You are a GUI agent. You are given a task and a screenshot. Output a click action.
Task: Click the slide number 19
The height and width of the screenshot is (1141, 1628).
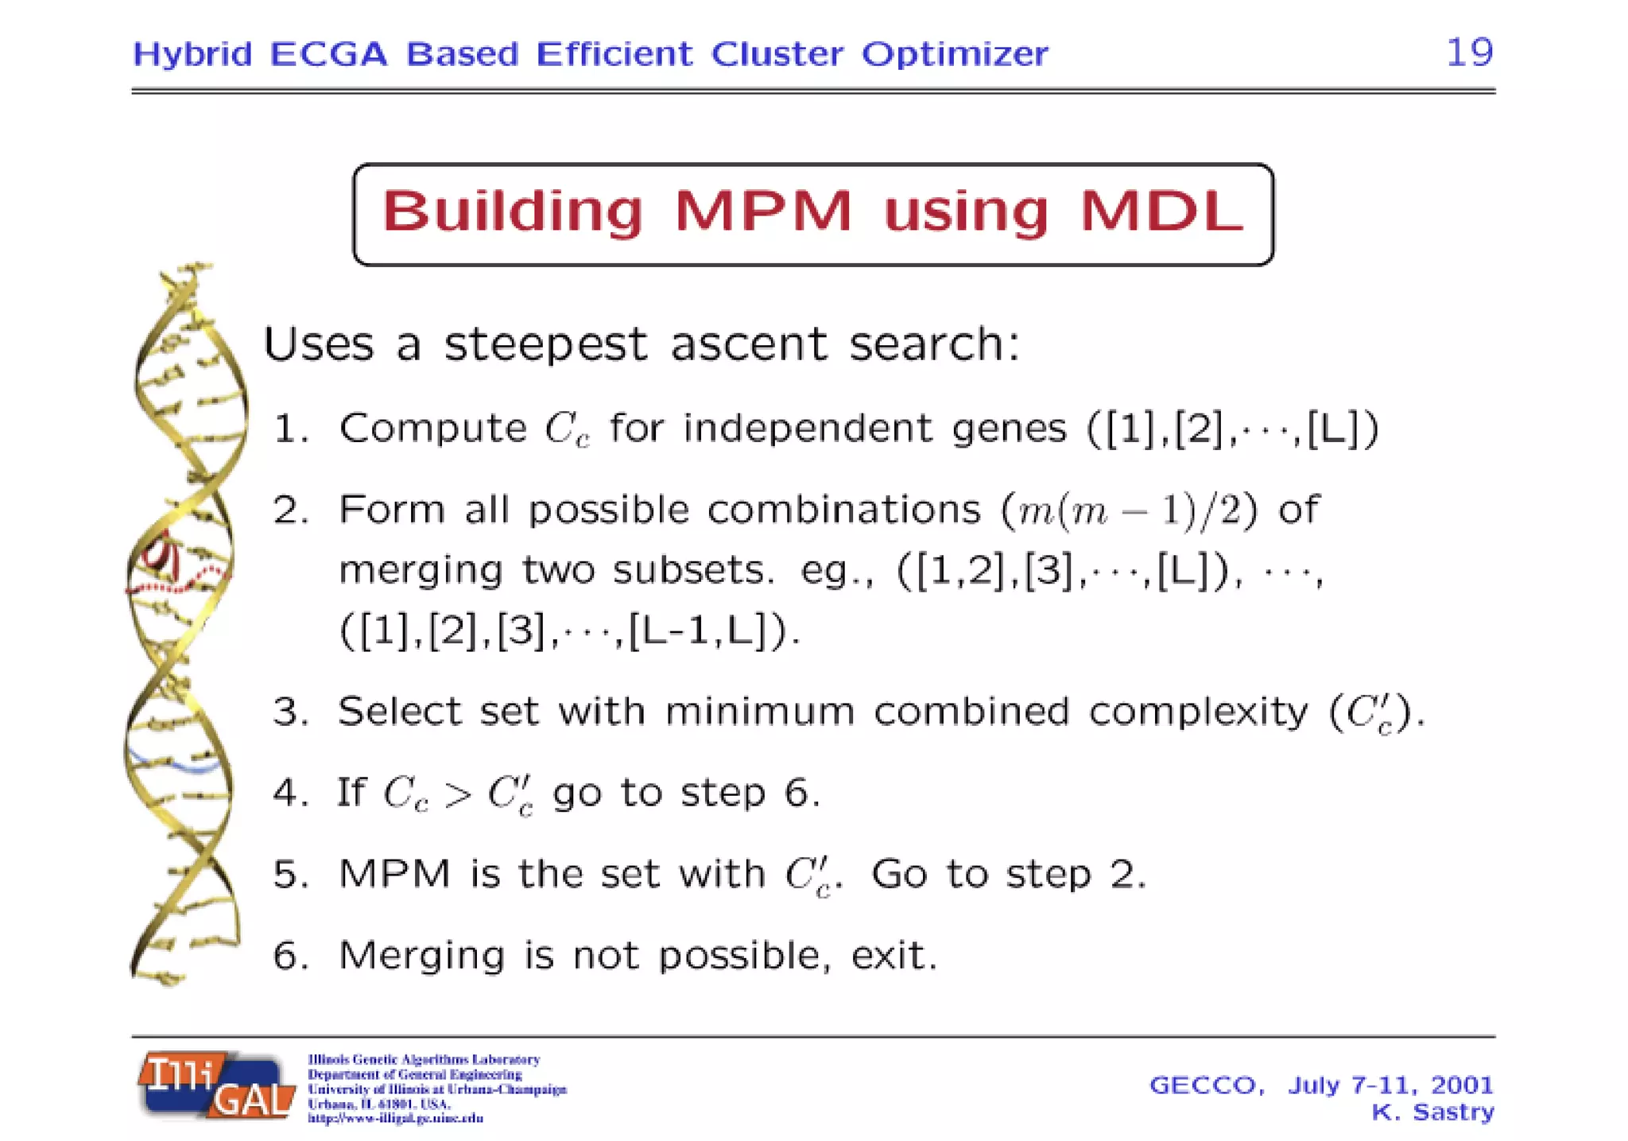pyautogui.click(x=1469, y=52)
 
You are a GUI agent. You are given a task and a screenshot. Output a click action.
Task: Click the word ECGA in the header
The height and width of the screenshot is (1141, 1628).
pyautogui.click(x=328, y=54)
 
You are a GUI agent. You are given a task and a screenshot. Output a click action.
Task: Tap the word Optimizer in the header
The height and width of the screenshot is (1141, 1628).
pyautogui.click(x=955, y=54)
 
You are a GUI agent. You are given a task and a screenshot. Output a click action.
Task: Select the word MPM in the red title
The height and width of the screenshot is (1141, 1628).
pyautogui.click(x=763, y=212)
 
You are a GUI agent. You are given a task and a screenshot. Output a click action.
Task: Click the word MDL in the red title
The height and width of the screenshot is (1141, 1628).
pyautogui.click(x=1161, y=212)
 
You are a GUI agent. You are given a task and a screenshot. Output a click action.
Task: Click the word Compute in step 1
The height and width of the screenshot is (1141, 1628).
pyautogui.click(x=432, y=429)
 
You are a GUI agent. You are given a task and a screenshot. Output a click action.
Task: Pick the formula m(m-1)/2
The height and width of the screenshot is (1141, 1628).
pyautogui.click(x=1129, y=510)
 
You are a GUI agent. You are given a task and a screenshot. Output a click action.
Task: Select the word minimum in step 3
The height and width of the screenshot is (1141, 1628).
pyautogui.click(x=759, y=711)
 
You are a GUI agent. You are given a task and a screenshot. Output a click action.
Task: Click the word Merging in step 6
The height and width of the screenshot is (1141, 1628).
pyautogui.click(x=421, y=956)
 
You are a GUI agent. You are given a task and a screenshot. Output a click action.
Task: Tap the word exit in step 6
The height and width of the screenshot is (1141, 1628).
pyautogui.click(x=893, y=956)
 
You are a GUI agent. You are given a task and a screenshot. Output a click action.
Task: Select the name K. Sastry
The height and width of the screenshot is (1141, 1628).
pyautogui.click(x=1432, y=1112)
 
